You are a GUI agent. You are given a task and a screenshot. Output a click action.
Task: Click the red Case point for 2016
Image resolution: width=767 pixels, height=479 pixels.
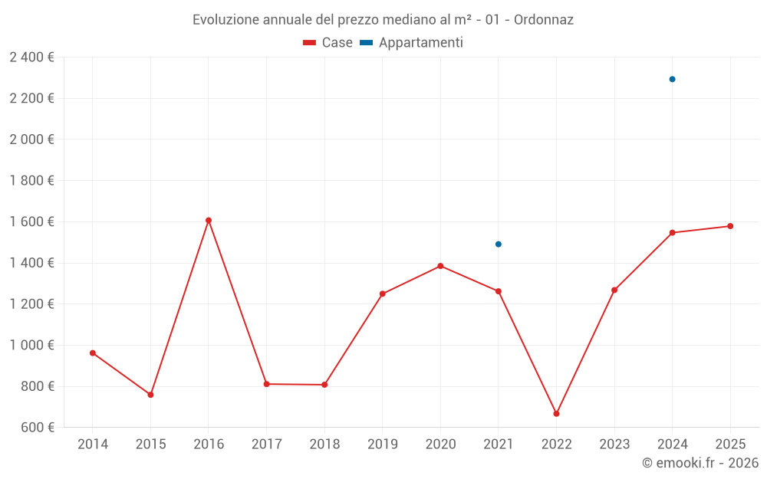(x=209, y=221)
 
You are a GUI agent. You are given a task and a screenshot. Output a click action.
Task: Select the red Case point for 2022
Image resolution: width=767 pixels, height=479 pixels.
(x=556, y=414)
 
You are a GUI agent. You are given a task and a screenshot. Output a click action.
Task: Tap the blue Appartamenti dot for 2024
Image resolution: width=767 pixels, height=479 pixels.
(x=672, y=79)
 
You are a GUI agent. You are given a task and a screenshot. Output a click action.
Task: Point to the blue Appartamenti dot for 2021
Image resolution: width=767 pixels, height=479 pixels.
(x=499, y=244)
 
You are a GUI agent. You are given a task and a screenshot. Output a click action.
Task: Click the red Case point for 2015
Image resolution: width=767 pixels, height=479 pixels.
(x=150, y=395)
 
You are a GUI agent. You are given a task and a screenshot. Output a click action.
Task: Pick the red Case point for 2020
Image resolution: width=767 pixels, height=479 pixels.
(x=440, y=266)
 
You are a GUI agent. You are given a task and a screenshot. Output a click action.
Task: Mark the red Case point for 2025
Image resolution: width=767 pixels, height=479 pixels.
(x=730, y=226)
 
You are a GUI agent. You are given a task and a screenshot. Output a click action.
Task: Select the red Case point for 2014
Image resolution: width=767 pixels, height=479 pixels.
(x=93, y=353)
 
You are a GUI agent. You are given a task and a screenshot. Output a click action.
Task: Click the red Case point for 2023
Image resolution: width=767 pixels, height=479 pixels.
(x=614, y=290)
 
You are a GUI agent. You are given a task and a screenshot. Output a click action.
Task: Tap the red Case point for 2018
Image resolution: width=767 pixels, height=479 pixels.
(x=324, y=385)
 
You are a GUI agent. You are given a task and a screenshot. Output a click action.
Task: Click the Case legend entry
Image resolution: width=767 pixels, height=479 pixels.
(x=328, y=42)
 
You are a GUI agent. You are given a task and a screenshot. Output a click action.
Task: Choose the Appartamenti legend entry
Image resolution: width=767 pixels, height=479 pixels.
(x=411, y=42)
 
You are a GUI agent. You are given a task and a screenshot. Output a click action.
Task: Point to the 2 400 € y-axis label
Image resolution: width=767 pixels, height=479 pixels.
(x=31, y=57)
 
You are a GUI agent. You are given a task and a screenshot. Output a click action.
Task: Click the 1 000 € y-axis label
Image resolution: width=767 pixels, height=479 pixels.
(x=31, y=345)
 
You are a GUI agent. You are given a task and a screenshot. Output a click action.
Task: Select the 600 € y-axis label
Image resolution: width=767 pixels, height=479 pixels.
(x=37, y=427)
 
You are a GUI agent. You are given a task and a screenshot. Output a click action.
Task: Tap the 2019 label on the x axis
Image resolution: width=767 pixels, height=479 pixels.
(x=383, y=444)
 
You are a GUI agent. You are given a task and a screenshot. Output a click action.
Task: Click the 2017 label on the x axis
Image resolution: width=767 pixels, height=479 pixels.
(x=267, y=444)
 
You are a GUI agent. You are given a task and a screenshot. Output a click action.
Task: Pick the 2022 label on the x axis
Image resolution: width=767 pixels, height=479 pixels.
(x=556, y=444)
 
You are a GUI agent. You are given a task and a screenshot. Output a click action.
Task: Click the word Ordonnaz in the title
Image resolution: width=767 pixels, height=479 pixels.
(x=544, y=20)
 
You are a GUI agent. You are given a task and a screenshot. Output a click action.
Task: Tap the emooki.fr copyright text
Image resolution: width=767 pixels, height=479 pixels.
(x=700, y=462)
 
